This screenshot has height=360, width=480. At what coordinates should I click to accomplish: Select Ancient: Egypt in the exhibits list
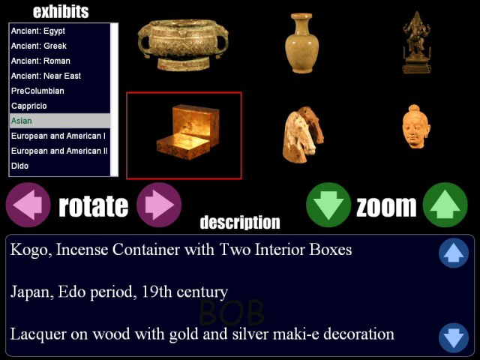click(38, 31)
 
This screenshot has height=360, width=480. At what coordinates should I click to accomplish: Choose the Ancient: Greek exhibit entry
click(39, 46)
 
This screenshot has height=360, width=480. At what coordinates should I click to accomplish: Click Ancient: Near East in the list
click(46, 76)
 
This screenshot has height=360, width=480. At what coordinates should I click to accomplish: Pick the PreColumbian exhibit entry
click(37, 91)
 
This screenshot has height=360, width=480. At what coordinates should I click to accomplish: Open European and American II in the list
click(59, 151)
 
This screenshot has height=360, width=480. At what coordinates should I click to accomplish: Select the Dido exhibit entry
click(20, 166)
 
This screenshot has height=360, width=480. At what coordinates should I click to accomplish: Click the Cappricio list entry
click(29, 106)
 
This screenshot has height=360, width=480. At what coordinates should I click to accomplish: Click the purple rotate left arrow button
click(28, 205)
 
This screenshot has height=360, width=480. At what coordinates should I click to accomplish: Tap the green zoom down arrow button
click(328, 205)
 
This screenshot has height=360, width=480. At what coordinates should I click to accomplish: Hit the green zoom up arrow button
click(445, 205)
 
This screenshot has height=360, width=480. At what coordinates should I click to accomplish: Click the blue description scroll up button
click(454, 253)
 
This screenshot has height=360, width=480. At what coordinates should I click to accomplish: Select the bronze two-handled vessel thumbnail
click(183, 45)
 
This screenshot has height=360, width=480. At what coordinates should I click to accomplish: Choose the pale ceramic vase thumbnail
click(301, 43)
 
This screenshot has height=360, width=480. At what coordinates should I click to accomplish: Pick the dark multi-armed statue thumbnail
click(416, 43)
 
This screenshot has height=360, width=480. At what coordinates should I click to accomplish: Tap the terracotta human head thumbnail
click(415, 127)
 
